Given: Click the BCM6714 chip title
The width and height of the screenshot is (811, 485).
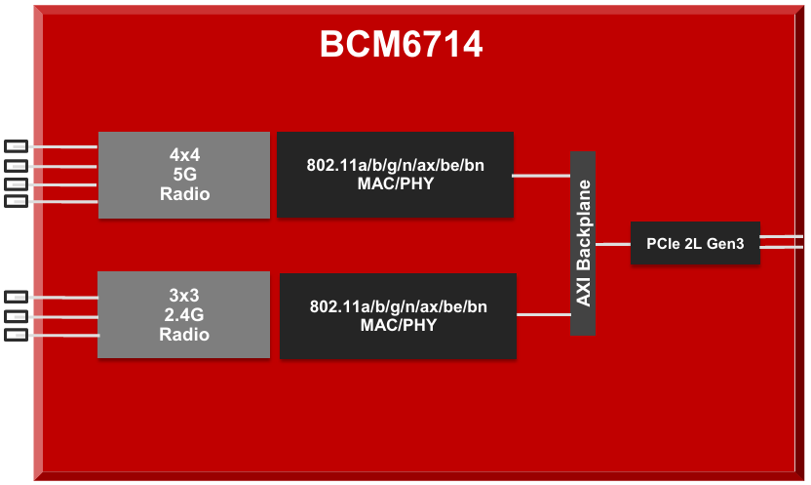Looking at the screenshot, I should [x=402, y=45].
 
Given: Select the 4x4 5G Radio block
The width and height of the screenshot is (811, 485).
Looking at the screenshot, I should [x=183, y=175].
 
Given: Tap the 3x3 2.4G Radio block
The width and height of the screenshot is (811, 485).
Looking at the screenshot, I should [x=183, y=314].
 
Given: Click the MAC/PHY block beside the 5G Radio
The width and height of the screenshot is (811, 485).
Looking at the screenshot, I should [x=395, y=175].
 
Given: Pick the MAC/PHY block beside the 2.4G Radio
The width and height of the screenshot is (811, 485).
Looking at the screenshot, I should [x=398, y=315].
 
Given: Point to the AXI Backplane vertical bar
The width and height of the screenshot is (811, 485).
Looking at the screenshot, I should [x=583, y=243].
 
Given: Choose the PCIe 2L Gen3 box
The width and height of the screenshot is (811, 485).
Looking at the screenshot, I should [x=694, y=244].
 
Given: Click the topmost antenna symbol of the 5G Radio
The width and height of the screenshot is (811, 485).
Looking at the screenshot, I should [x=17, y=146].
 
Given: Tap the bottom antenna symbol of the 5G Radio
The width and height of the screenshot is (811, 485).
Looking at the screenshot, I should [x=17, y=202].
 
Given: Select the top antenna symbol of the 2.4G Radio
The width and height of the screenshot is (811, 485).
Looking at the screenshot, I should [x=17, y=297].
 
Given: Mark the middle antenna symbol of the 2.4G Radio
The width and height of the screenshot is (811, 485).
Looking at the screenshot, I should [x=17, y=316].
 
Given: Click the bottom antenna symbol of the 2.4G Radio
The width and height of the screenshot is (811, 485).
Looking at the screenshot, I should [x=17, y=336].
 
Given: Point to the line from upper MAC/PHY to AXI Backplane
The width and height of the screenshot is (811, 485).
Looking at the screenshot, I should [x=542, y=176].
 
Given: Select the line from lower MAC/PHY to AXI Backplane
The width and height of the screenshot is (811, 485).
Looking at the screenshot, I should [x=543, y=314].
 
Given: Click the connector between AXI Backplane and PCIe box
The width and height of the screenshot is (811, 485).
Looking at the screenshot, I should [x=613, y=244].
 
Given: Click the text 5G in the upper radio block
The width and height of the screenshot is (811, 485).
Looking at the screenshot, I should [x=184, y=175].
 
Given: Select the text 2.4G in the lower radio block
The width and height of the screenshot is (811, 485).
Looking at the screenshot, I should [x=184, y=314].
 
